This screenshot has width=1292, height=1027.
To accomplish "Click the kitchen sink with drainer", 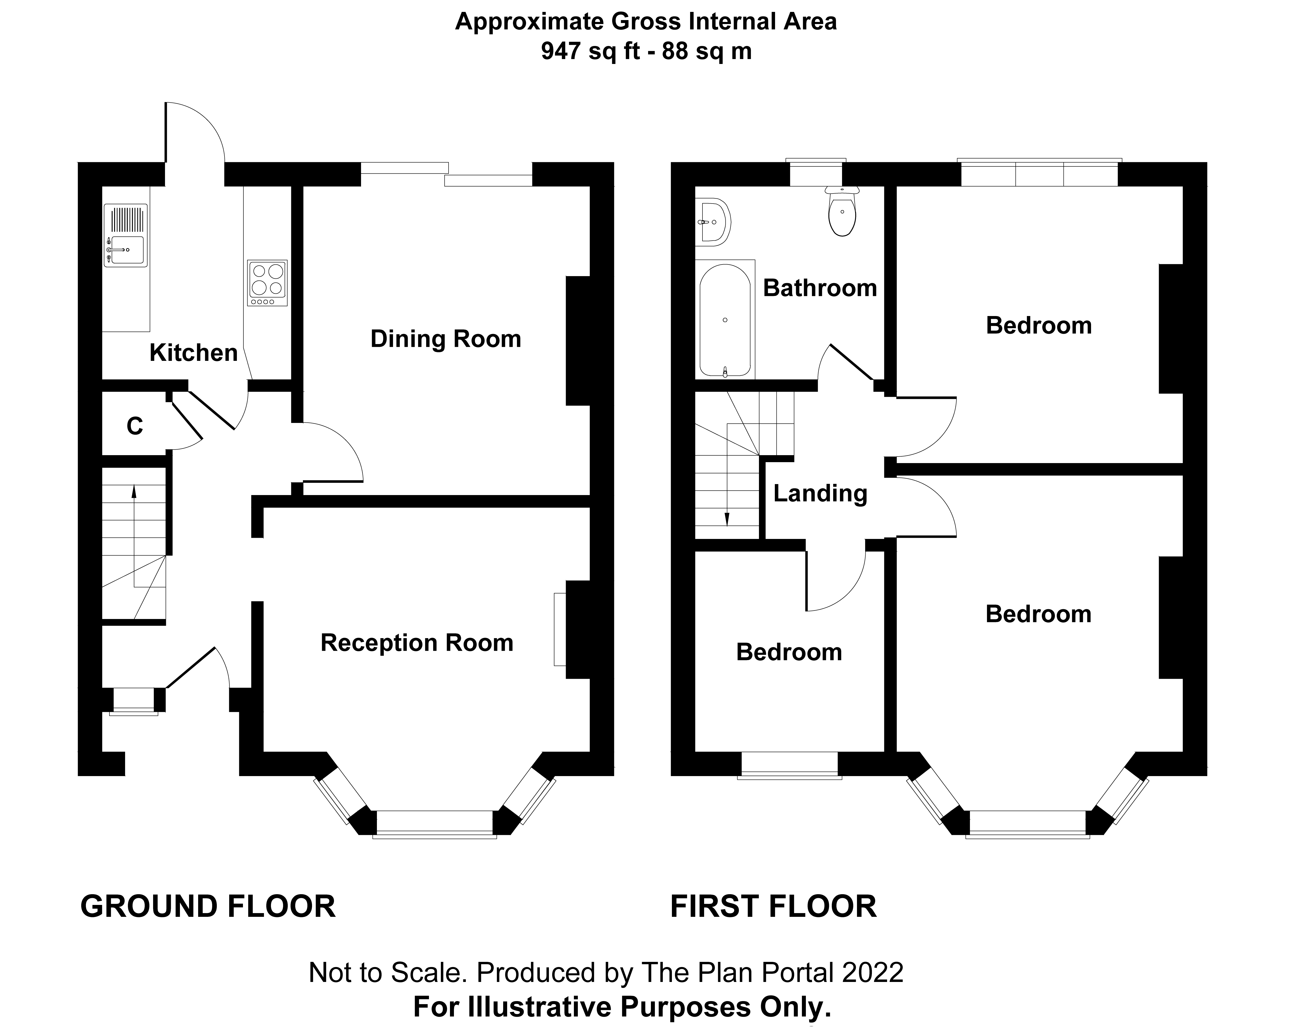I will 125,235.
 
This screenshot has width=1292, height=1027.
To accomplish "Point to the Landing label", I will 820,493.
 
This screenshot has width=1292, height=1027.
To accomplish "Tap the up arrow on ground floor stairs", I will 134,491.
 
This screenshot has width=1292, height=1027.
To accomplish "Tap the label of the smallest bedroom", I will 789,652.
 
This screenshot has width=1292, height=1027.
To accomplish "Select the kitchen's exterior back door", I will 195,133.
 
